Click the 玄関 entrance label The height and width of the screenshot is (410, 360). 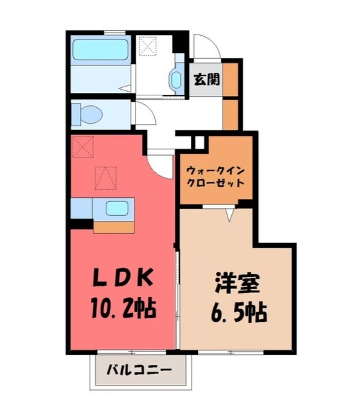click(207, 79)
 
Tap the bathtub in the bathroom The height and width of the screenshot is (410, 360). click(101, 49)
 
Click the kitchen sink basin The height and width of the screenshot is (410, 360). click(117, 209)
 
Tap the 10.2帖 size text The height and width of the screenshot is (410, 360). click(124, 308)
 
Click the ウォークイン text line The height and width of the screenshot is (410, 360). click(215, 172)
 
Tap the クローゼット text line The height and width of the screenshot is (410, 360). click(215, 183)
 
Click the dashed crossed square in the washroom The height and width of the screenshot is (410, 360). click(147, 46)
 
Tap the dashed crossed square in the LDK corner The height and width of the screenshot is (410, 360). click(83, 147)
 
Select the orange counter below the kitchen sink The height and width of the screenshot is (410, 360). click(114, 227)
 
